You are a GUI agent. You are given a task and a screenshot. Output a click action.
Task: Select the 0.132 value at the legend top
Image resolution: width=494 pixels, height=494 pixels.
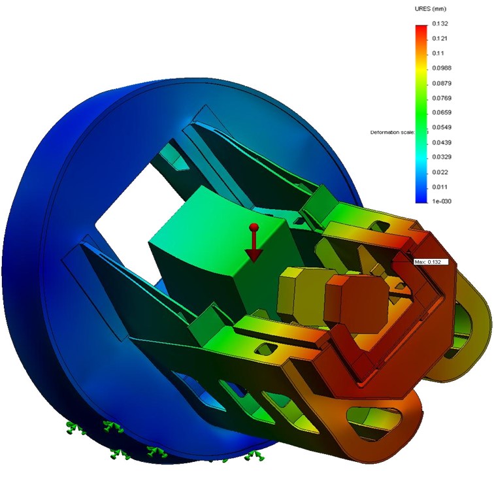pos(439,24)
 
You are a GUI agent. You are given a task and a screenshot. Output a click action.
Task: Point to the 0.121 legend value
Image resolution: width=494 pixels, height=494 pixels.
pos(439,39)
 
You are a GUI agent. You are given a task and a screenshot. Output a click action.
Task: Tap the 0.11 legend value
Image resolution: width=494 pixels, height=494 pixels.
pos(437,54)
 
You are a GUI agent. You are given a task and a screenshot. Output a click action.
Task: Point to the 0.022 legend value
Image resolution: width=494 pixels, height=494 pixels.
pos(439,172)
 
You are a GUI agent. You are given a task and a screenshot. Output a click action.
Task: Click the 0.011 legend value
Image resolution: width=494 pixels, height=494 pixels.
pos(439,187)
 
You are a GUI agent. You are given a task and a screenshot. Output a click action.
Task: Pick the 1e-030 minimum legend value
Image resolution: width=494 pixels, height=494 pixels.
pos(440,201)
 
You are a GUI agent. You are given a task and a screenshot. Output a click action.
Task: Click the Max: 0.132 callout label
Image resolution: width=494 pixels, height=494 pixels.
pos(429,262)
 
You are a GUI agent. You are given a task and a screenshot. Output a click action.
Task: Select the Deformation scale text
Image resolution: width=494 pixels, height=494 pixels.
pos(392,132)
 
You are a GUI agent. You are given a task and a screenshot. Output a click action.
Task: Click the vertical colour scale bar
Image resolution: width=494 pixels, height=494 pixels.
pos(421,112)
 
